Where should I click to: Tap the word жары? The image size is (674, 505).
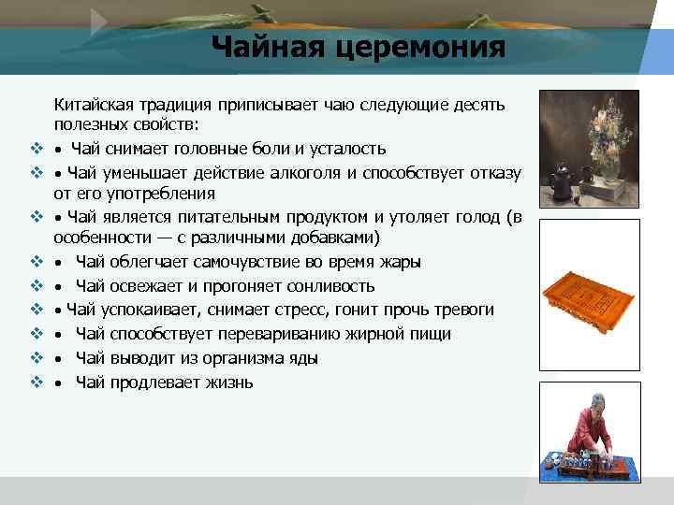401,263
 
